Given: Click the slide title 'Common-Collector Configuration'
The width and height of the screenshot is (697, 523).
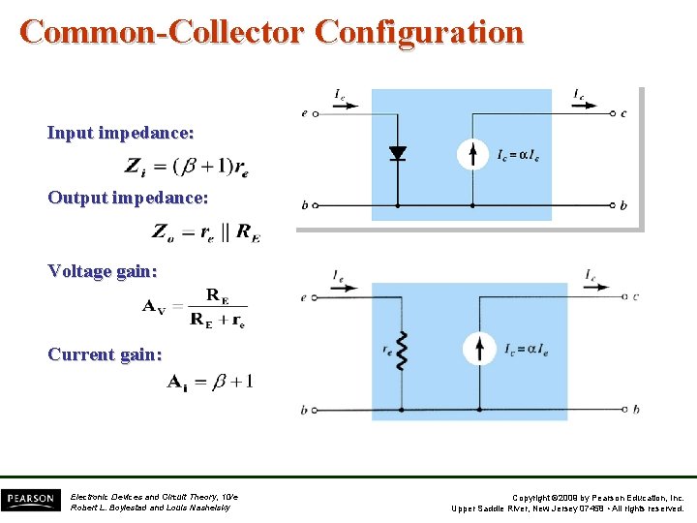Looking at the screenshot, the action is tap(272, 31).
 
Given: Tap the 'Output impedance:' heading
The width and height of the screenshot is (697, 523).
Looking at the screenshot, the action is tap(128, 198).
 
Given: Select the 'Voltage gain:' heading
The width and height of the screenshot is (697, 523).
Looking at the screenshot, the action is tap(102, 271).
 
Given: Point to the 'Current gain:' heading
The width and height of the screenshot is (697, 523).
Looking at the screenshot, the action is tap(105, 354).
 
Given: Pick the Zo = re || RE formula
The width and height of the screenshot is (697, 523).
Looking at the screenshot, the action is tap(205, 231).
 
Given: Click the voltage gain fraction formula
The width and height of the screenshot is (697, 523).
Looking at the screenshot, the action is tap(195, 307).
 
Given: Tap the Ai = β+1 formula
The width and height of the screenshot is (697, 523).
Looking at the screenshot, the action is tap(210, 382).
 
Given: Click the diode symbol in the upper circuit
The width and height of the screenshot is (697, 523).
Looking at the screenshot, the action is tap(397, 153).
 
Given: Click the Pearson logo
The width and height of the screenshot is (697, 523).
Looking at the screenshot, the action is tap(29, 500).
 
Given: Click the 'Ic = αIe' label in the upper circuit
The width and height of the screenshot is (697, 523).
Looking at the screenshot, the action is tap(518, 156).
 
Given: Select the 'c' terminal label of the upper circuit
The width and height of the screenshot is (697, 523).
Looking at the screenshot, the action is tap(623, 113).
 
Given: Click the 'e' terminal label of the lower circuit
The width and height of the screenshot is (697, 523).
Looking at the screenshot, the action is tap(303, 297).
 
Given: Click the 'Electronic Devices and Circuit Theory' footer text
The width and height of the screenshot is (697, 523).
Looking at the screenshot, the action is tap(154, 496).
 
